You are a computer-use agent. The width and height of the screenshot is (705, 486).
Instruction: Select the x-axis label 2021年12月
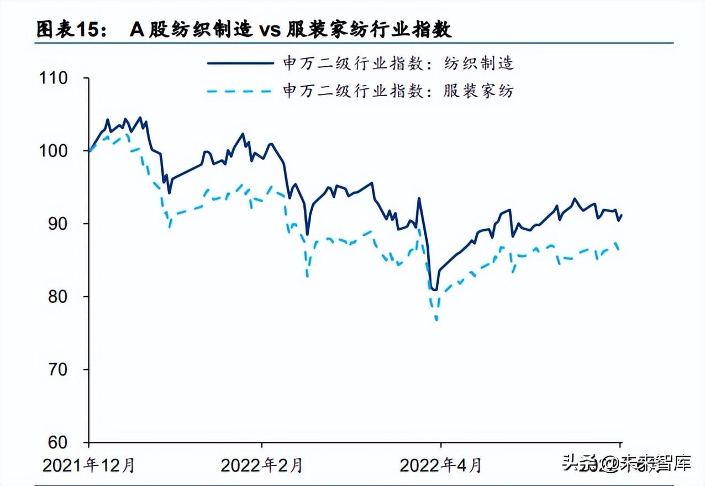click(x=88, y=466)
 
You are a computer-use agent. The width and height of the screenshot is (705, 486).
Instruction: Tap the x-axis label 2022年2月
click(x=262, y=466)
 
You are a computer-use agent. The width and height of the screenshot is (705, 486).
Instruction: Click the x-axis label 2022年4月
click(x=440, y=466)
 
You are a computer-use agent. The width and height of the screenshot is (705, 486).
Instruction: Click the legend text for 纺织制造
click(x=398, y=63)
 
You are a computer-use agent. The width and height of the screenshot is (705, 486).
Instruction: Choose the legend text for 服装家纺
click(x=398, y=91)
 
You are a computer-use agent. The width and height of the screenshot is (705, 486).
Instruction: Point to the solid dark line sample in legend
click(x=240, y=63)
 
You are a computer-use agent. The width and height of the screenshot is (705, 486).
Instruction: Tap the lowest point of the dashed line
click(x=436, y=319)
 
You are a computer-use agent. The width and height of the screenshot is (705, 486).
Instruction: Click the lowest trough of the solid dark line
click(x=435, y=289)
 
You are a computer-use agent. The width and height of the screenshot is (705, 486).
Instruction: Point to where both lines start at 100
click(x=89, y=150)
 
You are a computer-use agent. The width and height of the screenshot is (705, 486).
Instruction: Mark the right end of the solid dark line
click(x=622, y=215)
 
